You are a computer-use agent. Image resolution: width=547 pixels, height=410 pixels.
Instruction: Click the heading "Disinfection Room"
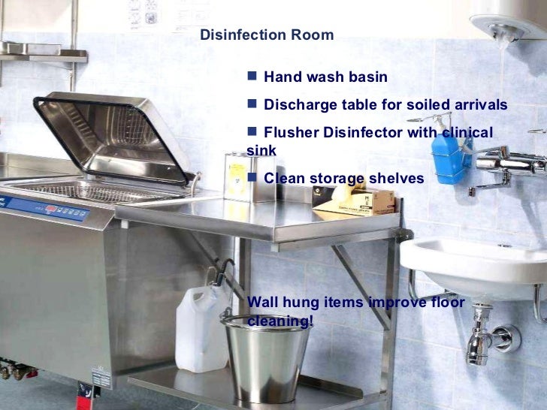tap(267, 35)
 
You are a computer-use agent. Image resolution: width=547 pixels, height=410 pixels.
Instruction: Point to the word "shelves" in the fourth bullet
tap(398, 179)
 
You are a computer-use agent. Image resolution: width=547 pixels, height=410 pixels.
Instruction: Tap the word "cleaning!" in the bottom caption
tap(280, 321)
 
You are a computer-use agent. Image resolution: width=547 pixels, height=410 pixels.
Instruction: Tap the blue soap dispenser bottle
tap(451, 159)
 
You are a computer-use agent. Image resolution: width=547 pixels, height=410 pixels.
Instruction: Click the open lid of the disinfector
tap(113, 135)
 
